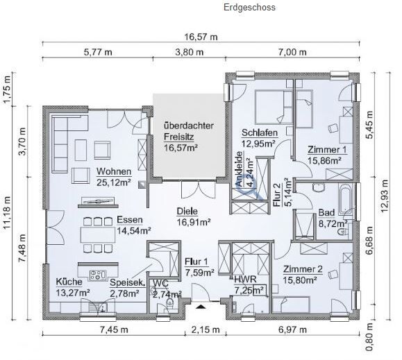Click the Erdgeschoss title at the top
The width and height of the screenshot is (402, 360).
point(249,8)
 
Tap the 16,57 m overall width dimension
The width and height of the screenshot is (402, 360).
point(201,37)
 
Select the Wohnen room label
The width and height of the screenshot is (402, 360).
point(114,171)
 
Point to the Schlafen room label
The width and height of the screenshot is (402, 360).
point(260,133)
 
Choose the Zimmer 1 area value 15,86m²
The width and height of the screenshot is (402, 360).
point(324,160)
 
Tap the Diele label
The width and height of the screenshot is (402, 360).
point(187,212)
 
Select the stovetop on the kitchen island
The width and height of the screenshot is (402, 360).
point(97,275)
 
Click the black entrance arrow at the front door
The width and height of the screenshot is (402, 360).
point(201,306)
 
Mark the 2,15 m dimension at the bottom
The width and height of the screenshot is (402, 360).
point(206,329)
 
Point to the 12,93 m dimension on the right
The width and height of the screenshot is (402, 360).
point(384,196)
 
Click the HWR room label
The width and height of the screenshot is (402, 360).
point(245,280)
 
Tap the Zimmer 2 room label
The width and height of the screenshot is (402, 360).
point(303,269)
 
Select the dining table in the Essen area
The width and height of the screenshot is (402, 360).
point(98,234)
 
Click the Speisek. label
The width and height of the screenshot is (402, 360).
point(128,283)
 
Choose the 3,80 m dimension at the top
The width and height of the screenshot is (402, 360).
point(190,52)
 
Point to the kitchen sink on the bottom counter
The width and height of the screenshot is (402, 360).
point(98,306)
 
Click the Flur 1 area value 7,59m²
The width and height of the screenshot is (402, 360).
point(199,273)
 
